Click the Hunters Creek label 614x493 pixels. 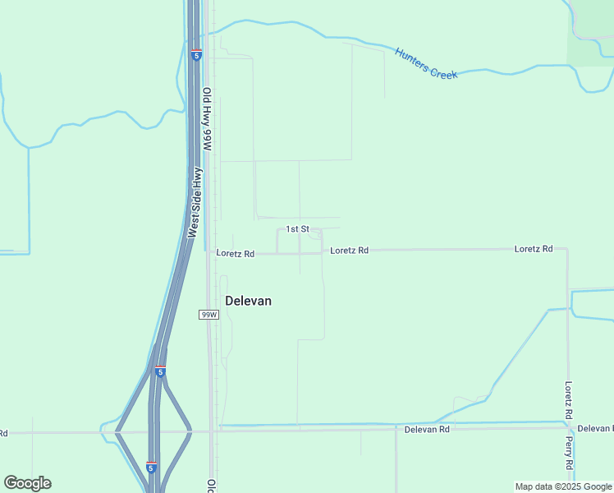[425, 63]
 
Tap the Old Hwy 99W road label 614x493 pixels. [208, 119]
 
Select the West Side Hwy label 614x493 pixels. [195, 203]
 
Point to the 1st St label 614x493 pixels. [297, 228]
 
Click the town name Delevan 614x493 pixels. [248, 301]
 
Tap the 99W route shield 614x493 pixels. [209, 315]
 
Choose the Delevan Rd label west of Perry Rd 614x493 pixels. [427, 430]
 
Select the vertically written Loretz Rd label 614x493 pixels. [568, 402]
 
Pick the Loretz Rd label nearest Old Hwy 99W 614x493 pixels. [236, 254]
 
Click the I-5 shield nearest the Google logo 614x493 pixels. [151, 468]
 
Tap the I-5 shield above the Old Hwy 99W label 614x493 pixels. [196, 55]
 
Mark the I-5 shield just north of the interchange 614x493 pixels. [161, 371]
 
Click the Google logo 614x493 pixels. [27, 483]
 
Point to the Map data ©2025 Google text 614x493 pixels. [563, 486]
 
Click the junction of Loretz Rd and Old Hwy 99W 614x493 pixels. [208, 254]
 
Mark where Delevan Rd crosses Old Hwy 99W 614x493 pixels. [212, 430]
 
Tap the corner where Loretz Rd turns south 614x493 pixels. [567, 248]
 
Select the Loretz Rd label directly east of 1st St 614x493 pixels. [349, 250]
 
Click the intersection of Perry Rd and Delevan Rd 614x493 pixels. [569, 427]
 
